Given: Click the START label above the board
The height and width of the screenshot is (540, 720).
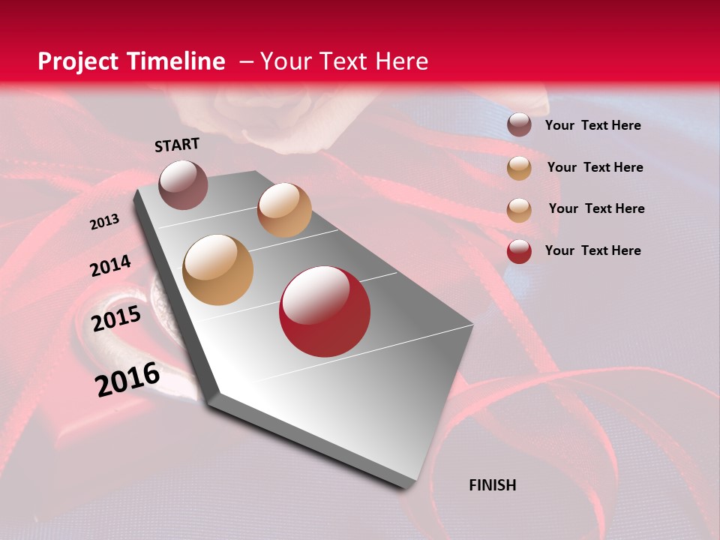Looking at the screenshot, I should (177, 145).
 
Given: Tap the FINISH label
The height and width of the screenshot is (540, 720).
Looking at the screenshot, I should (493, 485).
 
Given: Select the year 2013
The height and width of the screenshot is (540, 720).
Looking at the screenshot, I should (104, 222).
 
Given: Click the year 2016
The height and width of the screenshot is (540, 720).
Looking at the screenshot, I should (127, 379).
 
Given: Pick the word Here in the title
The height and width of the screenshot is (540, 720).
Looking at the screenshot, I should (401, 61).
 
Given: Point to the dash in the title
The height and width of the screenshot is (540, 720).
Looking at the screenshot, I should (246, 61).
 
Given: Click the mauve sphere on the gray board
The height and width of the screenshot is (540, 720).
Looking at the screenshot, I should (183, 184).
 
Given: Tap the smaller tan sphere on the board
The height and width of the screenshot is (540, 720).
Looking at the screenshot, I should (284, 209).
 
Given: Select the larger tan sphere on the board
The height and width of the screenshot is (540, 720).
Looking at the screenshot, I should (218, 269).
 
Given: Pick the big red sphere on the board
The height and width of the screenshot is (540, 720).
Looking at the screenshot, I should (325, 310).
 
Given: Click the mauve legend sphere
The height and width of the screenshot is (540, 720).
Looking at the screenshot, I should (519, 124).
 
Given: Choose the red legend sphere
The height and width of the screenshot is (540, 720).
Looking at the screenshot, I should (519, 250).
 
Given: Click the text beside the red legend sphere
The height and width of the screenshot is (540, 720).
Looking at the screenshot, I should (592, 250).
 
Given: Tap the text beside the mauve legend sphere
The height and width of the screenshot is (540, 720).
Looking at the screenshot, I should (592, 125).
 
